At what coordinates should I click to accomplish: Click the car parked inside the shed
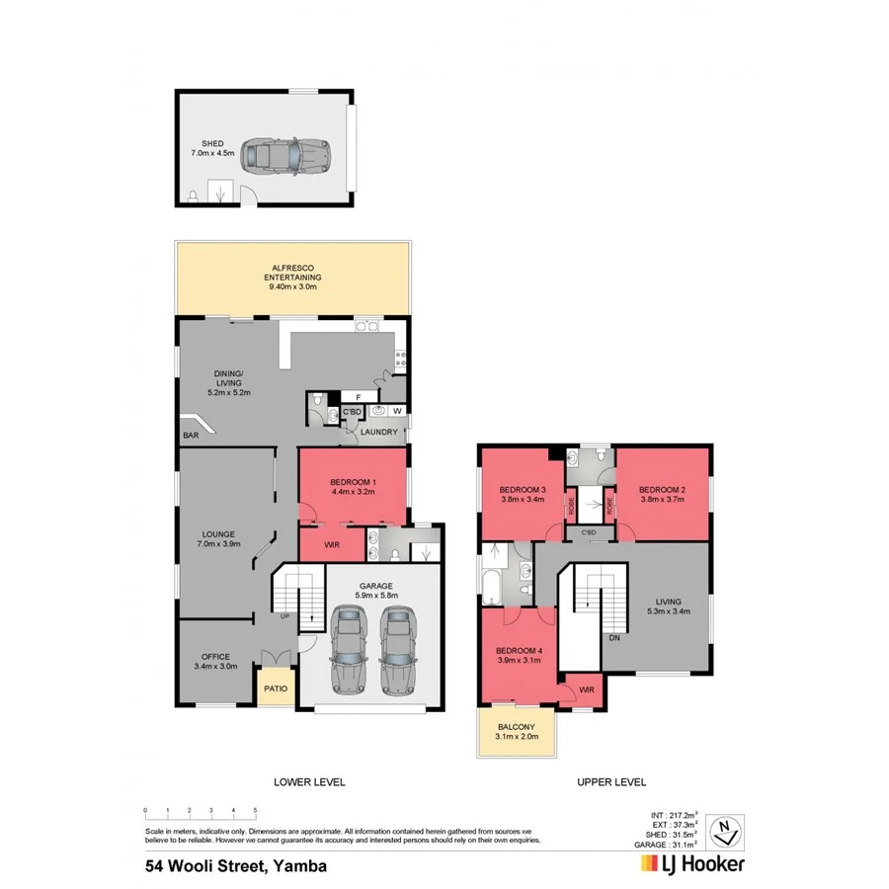click(x=286, y=154)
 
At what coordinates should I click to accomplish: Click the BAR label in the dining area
click(x=189, y=434)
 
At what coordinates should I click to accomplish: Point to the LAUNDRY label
click(x=379, y=432)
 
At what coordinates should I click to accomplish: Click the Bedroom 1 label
click(x=352, y=485)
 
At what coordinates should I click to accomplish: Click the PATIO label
click(x=275, y=688)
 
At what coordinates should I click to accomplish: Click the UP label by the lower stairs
click(x=286, y=616)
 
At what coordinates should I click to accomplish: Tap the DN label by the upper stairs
click(x=614, y=637)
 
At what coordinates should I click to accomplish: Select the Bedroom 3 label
click(x=522, y=496)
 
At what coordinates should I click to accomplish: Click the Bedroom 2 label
click(x=662, y=496)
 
